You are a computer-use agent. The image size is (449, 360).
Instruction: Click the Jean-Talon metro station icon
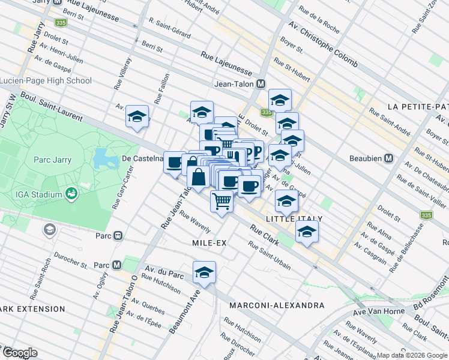[261, 85]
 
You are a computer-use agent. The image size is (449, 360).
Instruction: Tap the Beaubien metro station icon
[388, 159]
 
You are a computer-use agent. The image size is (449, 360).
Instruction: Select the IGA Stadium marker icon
[71, 194]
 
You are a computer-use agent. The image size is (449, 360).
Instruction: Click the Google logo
[20, 353]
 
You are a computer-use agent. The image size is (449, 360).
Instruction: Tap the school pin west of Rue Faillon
[137, 116]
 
